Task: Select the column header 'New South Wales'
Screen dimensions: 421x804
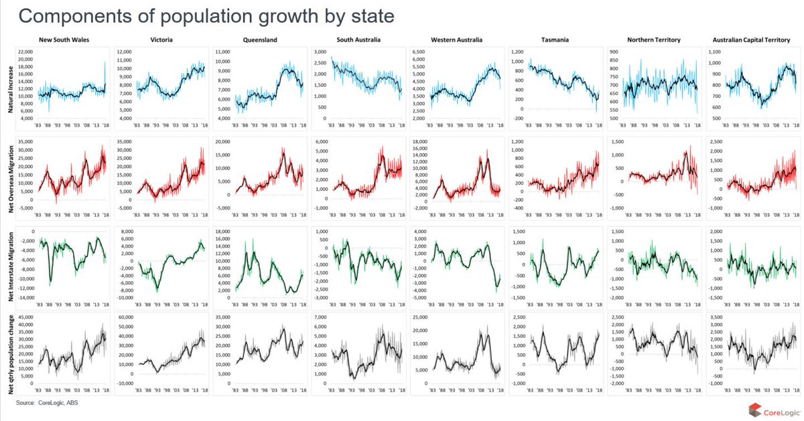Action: click(64, 40)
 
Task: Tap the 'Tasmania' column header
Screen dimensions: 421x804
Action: click(555, 40)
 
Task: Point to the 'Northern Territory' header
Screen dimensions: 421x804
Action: click(654, 40)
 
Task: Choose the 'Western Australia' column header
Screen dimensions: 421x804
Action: click(457, 40)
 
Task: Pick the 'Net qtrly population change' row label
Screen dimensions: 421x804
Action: click(11, 352)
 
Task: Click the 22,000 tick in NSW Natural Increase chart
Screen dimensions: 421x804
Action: click(25, 52)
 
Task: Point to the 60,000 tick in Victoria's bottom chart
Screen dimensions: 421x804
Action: click(125, 317)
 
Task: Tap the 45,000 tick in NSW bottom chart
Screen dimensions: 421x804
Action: click(25, 317)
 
